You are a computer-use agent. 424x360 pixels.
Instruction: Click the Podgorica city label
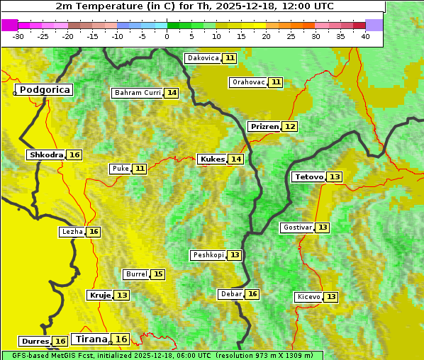click(x=44, y=90)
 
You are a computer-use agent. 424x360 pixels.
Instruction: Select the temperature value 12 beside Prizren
click(x=290, y=126)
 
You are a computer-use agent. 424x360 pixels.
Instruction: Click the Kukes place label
click(x=212, y=159)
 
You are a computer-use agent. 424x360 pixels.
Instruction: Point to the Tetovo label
click(x=308, y=176)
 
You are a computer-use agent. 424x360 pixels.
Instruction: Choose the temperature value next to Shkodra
click(x=74, y=154)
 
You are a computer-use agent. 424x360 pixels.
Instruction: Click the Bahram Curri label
click(x=138, y=93)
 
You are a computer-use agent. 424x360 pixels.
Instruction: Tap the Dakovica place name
click(x=202, y=58)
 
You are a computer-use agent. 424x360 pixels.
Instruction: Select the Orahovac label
click(x=248, y=82)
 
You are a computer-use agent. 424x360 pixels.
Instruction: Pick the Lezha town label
click(x=72, y=232)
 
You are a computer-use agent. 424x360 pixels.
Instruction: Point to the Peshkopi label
click(x=208, y=255)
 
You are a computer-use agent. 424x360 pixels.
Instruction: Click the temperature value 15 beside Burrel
click(x=158, y=274)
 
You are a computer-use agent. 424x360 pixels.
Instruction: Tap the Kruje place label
click(x=99, y=295)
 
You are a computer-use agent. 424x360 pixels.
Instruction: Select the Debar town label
click(x=231, y=294)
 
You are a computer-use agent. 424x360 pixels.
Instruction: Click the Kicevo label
click(x=308, y=297)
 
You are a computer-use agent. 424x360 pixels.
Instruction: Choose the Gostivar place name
click(x=296, y=227)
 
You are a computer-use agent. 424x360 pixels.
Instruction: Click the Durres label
click(x=34, y=342)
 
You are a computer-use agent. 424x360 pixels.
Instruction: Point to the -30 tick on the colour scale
click(x=18, y=36)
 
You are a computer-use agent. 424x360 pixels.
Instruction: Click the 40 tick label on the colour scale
click(x=365, y=36)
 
